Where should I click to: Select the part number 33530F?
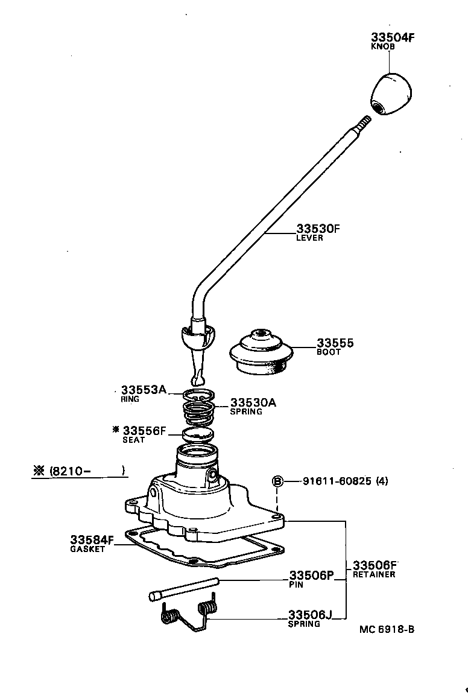[x=318, y=229]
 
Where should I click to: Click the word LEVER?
[x=309, y=238]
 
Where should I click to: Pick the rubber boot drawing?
[x=261, y=353]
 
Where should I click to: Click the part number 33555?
[x=335, y=343]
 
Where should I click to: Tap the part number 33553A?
[x=143, y=390]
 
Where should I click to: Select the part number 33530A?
[x=253, y=402]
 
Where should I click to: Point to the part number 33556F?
[x=144, y=431]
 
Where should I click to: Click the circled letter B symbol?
[x=277, y=481]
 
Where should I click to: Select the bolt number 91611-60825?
[x=337, y=481]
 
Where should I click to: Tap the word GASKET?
[x=87, y=550]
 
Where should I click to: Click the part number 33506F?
[x=375, y=565]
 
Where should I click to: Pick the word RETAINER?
[x=374, y=575]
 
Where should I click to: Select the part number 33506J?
[x=310, y=615]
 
